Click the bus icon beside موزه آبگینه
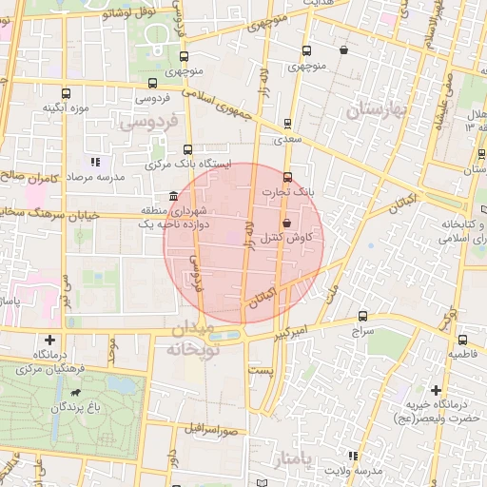(66, 93)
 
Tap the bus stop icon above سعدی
(287, 123)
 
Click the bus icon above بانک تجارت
(287, 177)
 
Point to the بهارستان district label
(376, 110)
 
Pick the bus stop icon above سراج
(362, 317)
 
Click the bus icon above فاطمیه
(462, 340)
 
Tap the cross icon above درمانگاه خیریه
(436, 390)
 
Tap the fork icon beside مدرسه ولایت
(353, 456)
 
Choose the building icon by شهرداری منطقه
(172, 196)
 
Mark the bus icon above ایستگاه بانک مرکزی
(187, 149)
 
